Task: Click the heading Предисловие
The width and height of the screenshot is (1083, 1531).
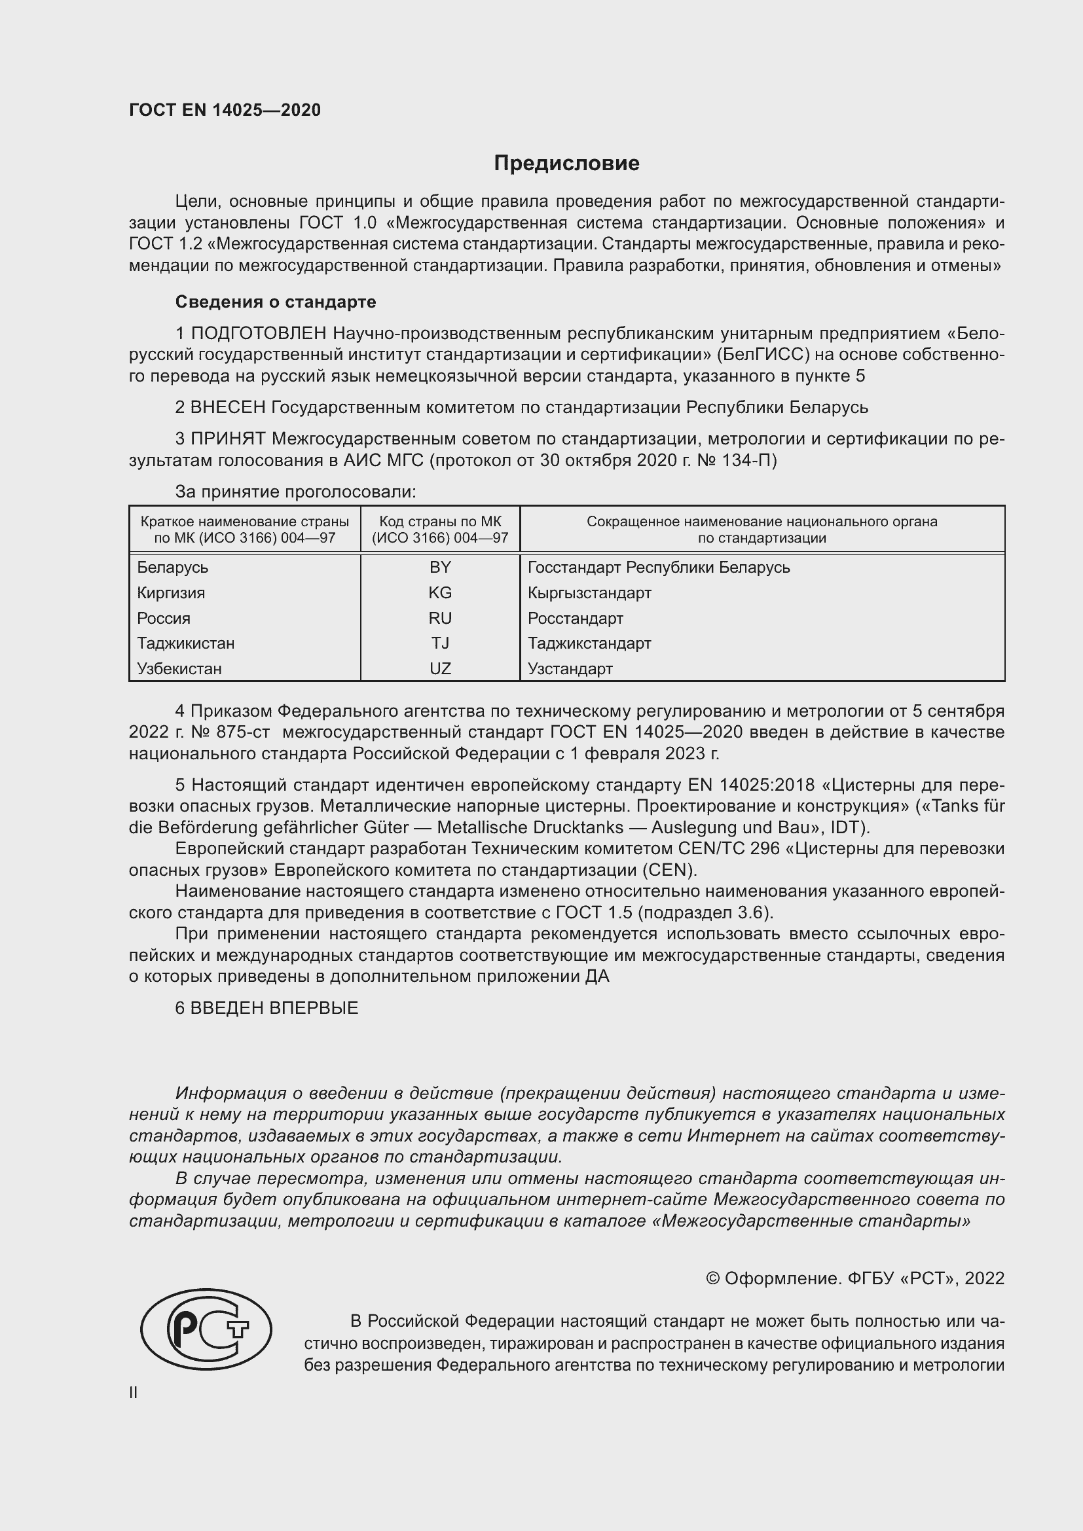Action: [x=566, y=164]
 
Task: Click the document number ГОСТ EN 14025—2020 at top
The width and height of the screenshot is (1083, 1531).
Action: [x=225, y=111]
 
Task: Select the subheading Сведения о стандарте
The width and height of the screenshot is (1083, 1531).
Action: [x=276, y=302]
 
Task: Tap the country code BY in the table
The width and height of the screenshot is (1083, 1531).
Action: [x=440, y=567]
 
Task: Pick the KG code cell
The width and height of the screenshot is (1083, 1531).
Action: [x=440, y=593]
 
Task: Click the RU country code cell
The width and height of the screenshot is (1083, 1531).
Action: [x=440, y=618]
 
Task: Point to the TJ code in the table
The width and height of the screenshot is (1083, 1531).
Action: [x=440, y=643]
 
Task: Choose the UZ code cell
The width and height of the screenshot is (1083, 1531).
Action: [x=440, y=669]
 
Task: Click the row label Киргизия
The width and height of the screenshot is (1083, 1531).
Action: [x=171, y=593]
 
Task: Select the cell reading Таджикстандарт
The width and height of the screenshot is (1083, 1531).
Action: [x=589, y=643]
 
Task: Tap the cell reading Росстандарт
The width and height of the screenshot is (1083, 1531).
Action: [x=575, y=618]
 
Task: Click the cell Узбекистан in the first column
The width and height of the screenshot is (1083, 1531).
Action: [x=179, y=669]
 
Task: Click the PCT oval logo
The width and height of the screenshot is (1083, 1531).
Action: [x=206, y=1329]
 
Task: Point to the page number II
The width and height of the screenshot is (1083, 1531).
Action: [x=134, y=1392]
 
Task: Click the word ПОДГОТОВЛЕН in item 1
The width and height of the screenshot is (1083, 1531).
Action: [x=259, y=333]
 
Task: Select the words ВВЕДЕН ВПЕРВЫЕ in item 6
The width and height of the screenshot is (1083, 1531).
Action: [x=274, y=1008]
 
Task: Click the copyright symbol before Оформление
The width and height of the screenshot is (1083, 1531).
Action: [x=712, y=1278]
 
